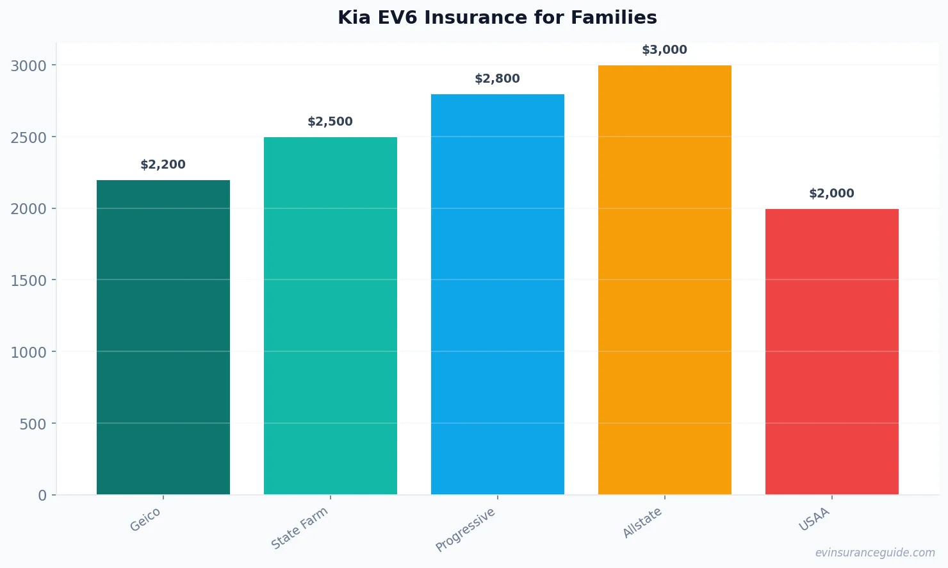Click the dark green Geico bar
163,337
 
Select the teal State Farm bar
331,315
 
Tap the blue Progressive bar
498,294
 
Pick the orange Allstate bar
665,280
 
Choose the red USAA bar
832,351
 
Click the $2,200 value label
163,165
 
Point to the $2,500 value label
331,122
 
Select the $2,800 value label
498,79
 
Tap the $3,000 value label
665,50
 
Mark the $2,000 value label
832,194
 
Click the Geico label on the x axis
145,519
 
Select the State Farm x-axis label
300,528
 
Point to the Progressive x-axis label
466,530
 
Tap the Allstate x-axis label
642,522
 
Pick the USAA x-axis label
814,519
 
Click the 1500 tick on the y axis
29,281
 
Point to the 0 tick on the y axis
42,496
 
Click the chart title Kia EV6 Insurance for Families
497,18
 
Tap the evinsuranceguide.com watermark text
875,553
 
